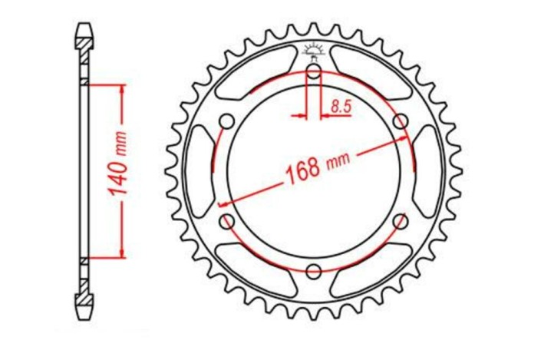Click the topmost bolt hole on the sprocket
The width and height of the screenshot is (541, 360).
point(313,72)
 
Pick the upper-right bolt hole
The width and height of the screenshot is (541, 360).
point(399,121)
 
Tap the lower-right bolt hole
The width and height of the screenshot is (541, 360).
point(399,221)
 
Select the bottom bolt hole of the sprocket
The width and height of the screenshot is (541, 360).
point(313,271)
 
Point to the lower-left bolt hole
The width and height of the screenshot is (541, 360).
point(227,221)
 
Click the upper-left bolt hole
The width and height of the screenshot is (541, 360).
point(227,121)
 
